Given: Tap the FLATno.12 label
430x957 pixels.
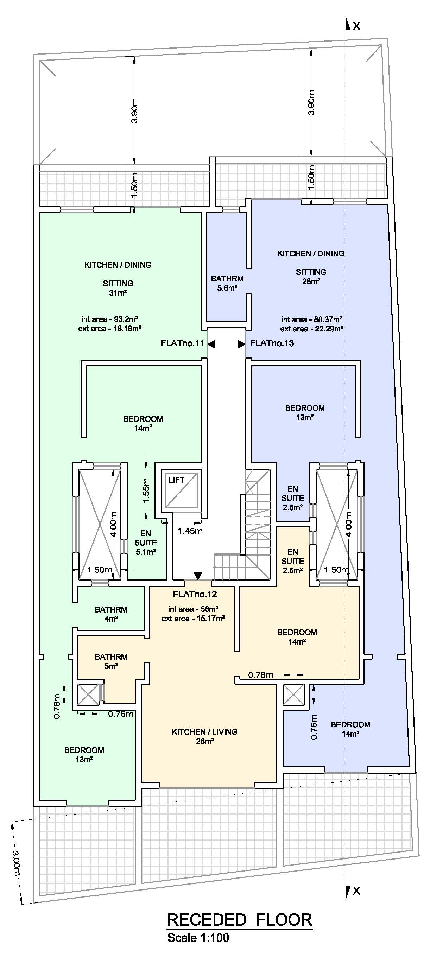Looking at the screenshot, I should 195,594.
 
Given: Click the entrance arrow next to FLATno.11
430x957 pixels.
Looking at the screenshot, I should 211,344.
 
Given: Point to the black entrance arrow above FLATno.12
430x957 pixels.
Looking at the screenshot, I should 198,576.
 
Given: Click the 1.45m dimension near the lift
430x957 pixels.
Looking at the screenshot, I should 190,531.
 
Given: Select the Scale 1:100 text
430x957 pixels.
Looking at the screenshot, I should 198,938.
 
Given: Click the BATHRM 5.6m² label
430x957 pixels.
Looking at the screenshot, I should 227,283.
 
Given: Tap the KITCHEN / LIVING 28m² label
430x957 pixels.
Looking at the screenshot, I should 204,736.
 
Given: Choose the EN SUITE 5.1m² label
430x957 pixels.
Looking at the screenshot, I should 146,543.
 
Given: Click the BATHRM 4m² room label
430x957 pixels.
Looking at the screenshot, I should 111,614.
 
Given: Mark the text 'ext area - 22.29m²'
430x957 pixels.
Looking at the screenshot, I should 311,329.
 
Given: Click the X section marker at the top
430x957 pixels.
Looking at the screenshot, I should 356,26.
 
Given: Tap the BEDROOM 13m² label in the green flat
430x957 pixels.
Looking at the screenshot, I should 84,755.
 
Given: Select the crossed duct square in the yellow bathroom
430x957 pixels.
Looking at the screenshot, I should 88,694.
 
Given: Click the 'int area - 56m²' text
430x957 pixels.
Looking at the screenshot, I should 193,609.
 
